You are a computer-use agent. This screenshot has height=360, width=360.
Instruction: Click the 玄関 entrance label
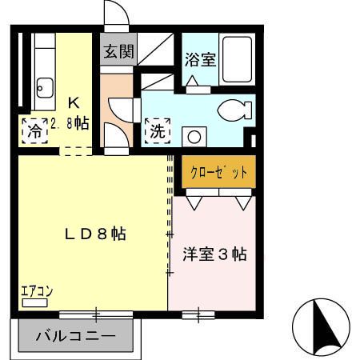(118, 52)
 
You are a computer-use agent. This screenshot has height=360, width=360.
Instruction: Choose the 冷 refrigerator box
(34, 130)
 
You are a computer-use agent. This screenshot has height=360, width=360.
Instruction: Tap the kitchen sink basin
(45, 86)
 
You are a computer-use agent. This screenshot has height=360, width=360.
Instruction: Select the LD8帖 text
(94, 234)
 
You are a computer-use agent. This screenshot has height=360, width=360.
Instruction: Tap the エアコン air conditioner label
(36, 292)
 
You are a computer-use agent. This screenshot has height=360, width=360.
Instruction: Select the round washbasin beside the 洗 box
(192, 134)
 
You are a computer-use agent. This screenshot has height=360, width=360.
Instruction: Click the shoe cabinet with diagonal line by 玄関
(157, 50)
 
